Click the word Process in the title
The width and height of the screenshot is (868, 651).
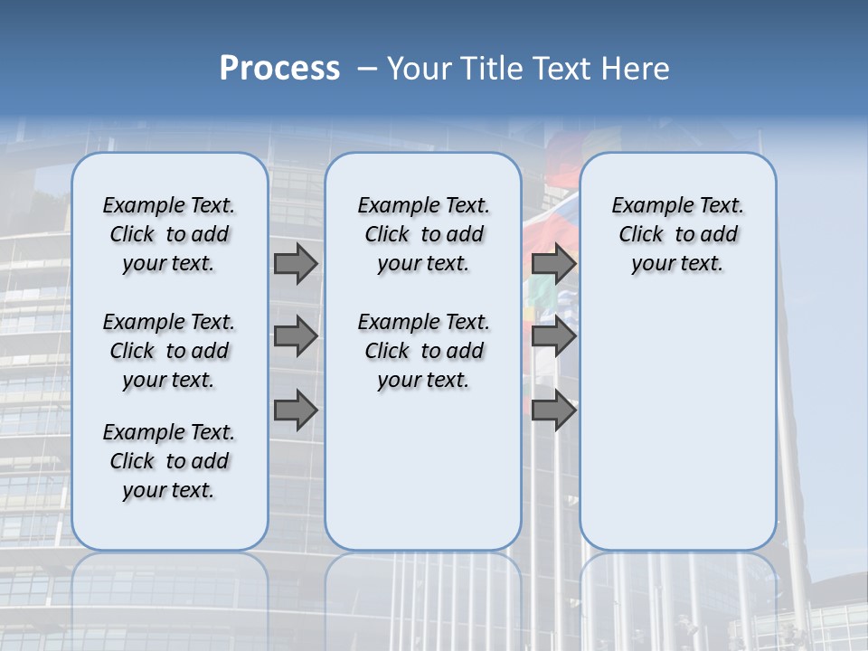(279, 69)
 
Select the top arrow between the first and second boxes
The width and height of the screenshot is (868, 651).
(296, 264)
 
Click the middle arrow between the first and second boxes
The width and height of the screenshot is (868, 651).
(296, 336)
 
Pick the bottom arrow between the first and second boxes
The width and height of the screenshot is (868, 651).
(296, 410)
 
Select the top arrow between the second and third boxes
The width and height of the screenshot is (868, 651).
(553, 264)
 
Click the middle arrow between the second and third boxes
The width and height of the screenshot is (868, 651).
(553, 336)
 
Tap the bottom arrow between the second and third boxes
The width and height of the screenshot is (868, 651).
(553, 410)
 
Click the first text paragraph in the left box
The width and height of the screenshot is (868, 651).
(169, 235)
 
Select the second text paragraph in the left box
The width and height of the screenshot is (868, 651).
(169, 351)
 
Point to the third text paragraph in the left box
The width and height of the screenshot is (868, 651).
(169, 461)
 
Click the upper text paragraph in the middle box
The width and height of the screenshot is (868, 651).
(423, 235)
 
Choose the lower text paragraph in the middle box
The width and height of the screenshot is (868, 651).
(423, 351)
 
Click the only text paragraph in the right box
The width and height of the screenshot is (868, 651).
(677, 235)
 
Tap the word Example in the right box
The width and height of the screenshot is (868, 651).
(646, 206)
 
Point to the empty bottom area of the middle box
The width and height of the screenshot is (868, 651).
(423, 479)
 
